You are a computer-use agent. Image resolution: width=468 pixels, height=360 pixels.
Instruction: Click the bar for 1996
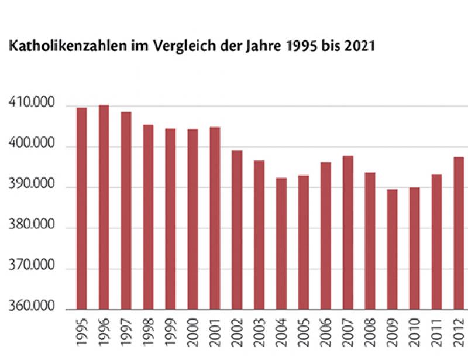104,207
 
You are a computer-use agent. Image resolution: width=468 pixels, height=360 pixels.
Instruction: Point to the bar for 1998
148,217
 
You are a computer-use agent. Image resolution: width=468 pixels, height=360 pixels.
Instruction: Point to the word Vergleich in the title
178,47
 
